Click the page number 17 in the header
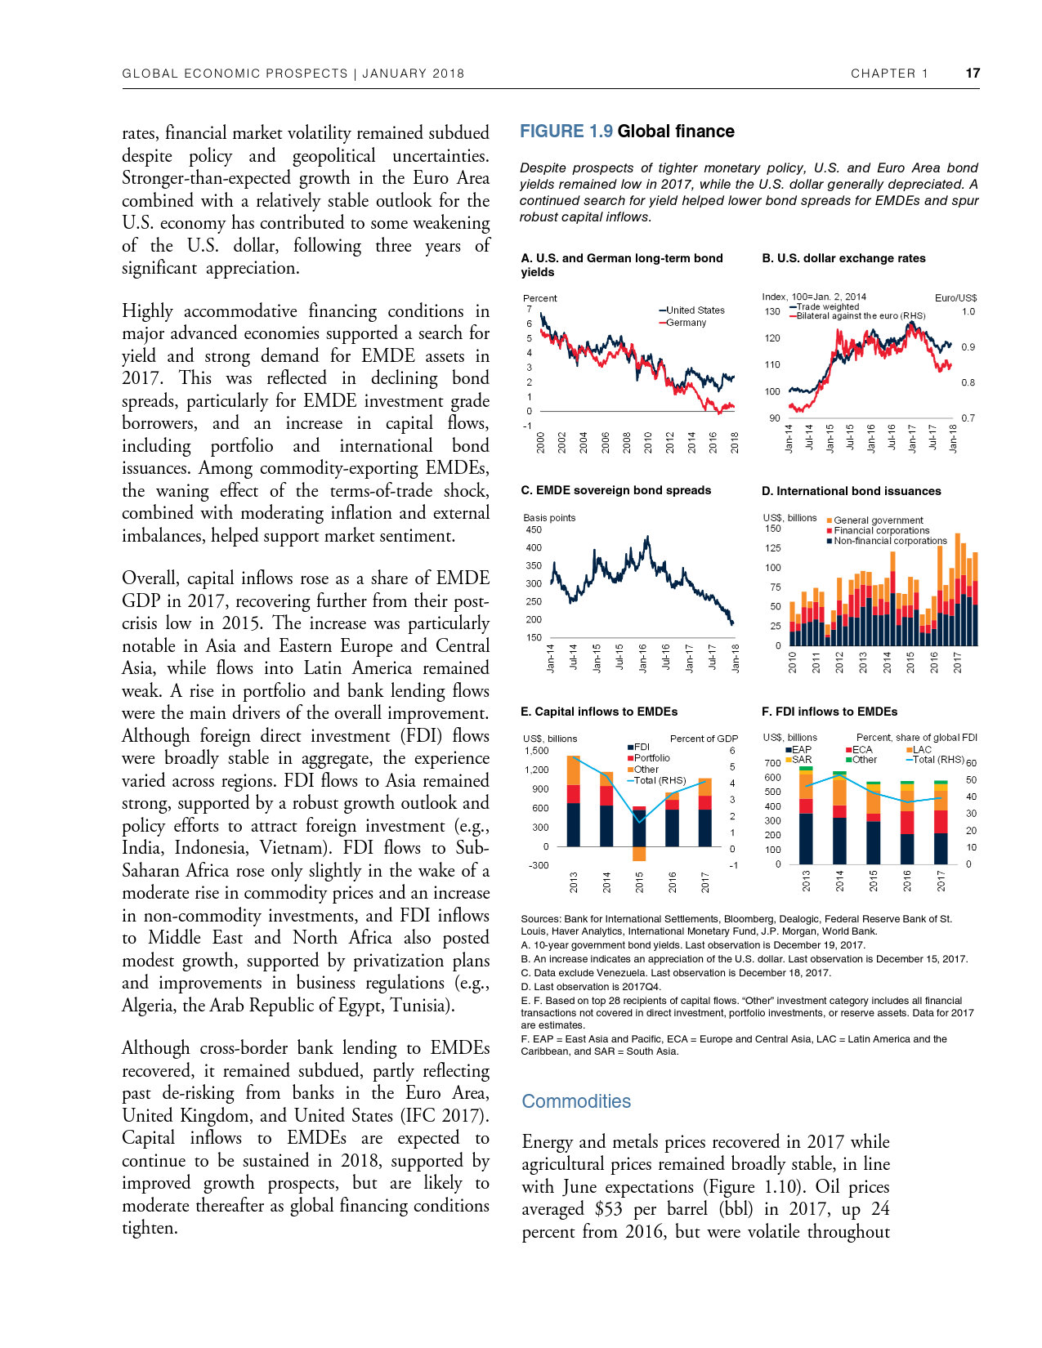click(x=972, y=74)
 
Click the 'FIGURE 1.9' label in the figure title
click(x=566, y=132)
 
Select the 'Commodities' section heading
click(x=576, y=1101)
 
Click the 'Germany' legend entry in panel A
click(x=686, y=323)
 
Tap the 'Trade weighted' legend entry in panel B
click(x=827, y=307)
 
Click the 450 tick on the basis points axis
click(x=534, y=529)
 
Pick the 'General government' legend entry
click(x=878, y=520)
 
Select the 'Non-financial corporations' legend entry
click(x=889, y=541)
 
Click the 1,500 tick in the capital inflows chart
click(x=536, y=751)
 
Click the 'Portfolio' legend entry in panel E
click(x=651, y=758)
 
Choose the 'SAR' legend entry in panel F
click(x=802, y=760)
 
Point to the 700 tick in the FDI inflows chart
click(x=772, y=763)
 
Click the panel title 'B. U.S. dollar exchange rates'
click(x=843, y=258)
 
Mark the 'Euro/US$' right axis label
click(x=955, y=298)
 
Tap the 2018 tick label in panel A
click(x=735, y=442)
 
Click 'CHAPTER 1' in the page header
click(x=889, y=74)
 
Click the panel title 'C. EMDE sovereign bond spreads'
click(x=615, y=490)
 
